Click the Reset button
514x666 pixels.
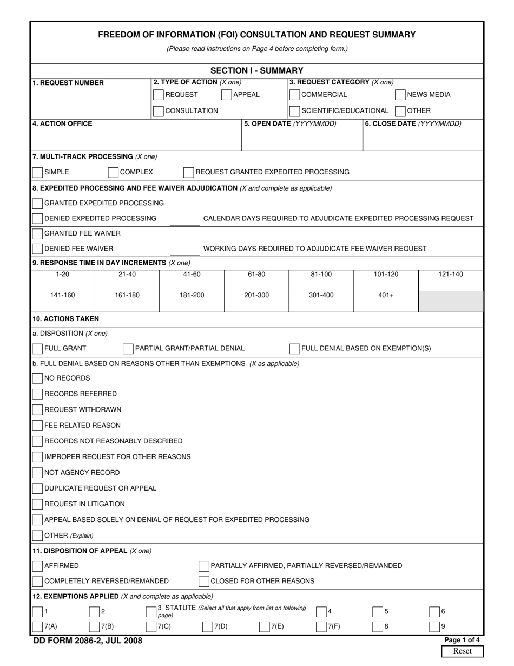462,651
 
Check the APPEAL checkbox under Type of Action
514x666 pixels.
227,95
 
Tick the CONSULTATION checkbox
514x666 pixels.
158,111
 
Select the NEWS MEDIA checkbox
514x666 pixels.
400,95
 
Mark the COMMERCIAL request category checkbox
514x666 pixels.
294,95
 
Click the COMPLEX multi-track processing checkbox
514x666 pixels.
113,172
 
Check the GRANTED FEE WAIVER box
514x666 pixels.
38,233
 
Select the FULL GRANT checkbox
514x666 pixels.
38,348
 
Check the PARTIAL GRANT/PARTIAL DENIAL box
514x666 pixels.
128,348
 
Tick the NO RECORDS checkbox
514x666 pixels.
38,378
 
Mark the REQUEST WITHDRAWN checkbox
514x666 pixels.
38,410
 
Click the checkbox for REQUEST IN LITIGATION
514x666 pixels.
38,504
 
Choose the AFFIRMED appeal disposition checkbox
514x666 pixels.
38,566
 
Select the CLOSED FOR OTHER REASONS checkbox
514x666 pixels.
204,582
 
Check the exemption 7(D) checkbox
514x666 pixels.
208,627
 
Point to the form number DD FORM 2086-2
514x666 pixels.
88,641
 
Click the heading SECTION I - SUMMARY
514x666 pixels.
256,70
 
